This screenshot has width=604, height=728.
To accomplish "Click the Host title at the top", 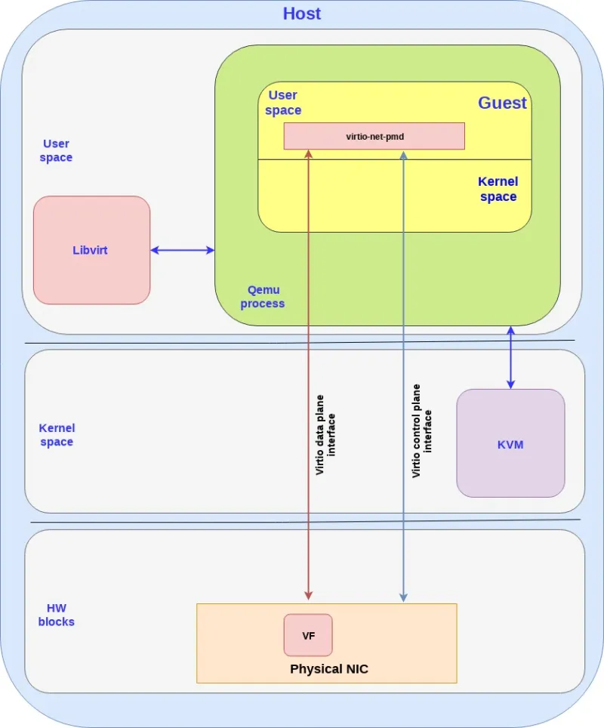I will click(x=301, y=14).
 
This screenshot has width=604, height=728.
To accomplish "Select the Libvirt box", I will click(x=91, y=250).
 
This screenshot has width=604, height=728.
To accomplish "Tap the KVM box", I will click(x=510, y=444).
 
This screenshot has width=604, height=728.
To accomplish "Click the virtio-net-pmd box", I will click(x=374, y=137).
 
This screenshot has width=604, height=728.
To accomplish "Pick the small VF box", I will click(x=308, y=635).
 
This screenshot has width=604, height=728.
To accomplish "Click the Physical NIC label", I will click(x=329, y=669).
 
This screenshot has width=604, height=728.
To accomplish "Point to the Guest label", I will click(x=502, y=103).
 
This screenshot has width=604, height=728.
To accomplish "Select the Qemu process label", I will click(x=262, y=297).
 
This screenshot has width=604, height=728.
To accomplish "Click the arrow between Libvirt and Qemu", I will click(x=183, y=250).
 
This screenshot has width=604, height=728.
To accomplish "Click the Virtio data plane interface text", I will click(x=325, y=439).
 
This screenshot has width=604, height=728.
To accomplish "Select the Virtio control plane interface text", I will click(x=422, y=431).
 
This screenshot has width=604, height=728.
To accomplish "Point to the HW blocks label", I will click(x=57, y=615).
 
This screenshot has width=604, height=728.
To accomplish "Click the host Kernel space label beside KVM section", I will click(x=57, y=435).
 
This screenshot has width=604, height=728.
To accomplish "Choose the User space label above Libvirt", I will click(x=57, y=151).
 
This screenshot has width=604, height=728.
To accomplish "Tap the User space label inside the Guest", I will click(x=283, y=103).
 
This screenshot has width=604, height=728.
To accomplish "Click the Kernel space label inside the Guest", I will click(x=498, y=190).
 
